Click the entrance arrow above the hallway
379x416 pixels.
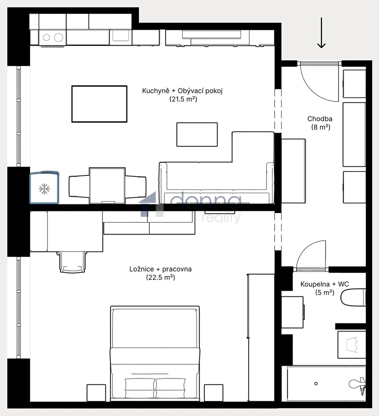tap(322, 33)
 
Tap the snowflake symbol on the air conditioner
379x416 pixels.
tap(44, 189)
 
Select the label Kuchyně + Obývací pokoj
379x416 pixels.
tap(182, 91)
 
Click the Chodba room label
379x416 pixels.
tap(320, 119)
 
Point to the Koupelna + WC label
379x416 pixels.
tap(325, 284)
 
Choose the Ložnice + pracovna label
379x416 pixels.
tap(161, 269)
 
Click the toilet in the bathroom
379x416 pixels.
tap(353, 297)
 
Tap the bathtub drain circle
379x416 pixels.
tap(316, 383)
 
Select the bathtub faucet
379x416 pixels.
tap(358, 386)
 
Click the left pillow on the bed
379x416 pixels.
tap(140, 388)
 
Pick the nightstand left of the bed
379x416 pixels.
tap(96, 393)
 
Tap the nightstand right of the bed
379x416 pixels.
tap(214, 393)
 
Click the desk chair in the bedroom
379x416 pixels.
tap(72, 262)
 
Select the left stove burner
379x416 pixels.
tap(46, 37)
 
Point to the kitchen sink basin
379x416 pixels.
tap(121, 35)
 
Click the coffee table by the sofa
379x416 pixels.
tap(197, 134)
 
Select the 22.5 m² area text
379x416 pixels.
tap(161, 277)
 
